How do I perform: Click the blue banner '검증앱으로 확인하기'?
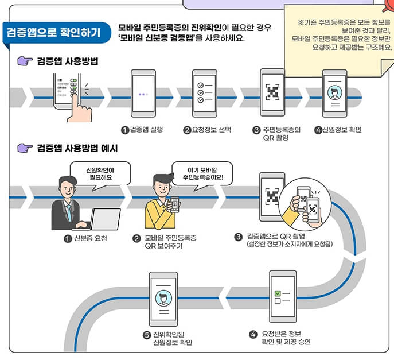[52, 32]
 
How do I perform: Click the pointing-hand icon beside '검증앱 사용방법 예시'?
[24, 149]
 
